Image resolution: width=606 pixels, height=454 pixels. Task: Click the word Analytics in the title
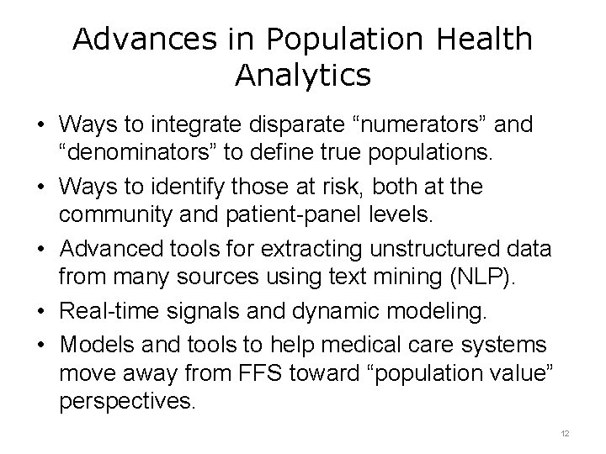[x=303, y=76]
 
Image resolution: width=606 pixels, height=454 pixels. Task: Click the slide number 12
[x=565, y=432]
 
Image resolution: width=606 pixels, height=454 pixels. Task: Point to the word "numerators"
[x=422, y=126]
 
